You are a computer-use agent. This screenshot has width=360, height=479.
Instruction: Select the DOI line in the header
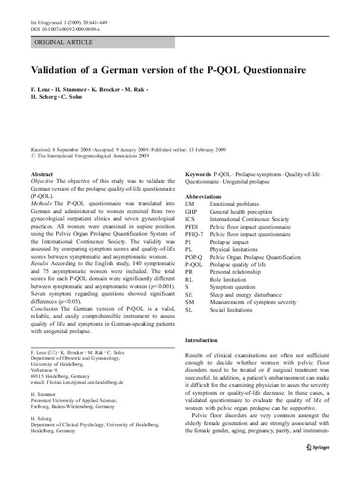[65, 29]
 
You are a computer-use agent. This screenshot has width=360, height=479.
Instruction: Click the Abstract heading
[41, 174]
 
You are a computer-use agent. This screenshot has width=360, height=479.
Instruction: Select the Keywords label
[198, 173]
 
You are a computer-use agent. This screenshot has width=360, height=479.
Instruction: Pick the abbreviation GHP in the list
[192, 212]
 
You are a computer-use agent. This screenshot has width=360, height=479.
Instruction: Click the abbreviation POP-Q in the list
[194, 257]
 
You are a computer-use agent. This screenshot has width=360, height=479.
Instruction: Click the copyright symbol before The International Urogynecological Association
[33, 156]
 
